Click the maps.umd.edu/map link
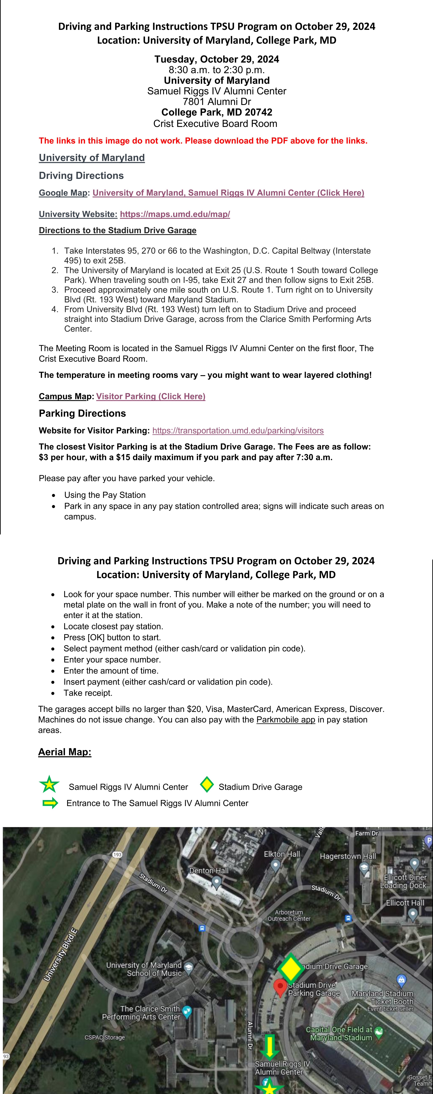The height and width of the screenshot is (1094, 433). point(175,214)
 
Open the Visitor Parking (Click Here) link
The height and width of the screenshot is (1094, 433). point(151,396)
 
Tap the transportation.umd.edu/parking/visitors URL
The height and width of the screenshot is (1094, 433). point(238,431)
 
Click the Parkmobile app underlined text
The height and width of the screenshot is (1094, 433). point(286,719)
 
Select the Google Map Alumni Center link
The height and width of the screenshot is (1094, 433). point(228,193)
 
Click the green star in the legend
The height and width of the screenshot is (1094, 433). point(49,784)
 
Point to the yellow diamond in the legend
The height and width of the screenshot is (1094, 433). point(207,784)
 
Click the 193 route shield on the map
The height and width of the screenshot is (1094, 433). point(117,854)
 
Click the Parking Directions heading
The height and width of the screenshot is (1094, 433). point(82,413)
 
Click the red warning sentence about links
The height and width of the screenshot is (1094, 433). point(203,141)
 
